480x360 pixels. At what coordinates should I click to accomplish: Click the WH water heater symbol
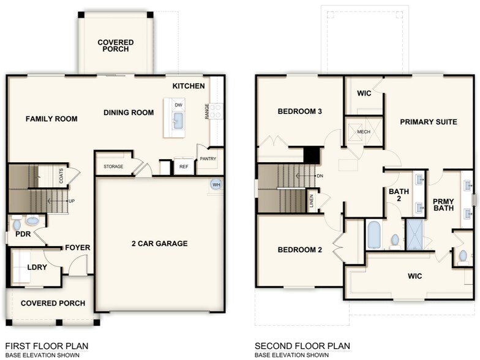(216, 184)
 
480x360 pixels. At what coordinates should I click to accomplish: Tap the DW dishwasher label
(178, 105)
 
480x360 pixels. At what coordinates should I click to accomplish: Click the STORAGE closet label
(113, 167)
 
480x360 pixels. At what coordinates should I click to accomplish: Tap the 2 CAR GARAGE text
(159, 244)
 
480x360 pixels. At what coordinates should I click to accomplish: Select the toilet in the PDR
(33, 220)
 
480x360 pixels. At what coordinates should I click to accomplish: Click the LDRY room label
(37, 267)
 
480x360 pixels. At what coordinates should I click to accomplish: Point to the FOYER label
(78, 248)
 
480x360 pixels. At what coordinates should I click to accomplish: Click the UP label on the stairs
(72, 201)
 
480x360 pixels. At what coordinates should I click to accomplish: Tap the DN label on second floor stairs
(320, 176)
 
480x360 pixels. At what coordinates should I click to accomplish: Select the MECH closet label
(364, 132)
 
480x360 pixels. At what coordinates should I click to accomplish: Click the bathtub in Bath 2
(374, 235)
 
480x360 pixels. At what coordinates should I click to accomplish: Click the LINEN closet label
(312, 201)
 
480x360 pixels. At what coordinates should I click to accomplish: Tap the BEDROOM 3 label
(300, 111)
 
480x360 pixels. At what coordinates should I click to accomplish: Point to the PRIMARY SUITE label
(429, 122)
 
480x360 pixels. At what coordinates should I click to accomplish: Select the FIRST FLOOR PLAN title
(42, 345)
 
